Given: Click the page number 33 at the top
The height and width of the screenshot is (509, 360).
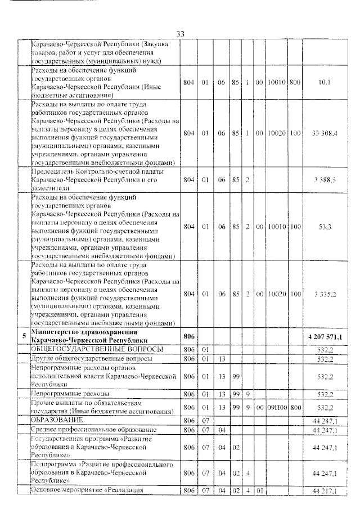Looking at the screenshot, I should tap(181, 34).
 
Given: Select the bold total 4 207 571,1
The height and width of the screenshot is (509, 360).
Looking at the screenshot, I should tap(326, 336).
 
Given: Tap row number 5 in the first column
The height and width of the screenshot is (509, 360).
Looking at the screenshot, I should tap(23, 336).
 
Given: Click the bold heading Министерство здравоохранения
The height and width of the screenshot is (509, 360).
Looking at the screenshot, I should tap(81, 332).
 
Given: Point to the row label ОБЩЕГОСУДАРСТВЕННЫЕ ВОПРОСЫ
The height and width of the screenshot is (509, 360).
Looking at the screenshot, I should tap(90, 349).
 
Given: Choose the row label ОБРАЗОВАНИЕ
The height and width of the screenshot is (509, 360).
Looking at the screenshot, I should tap(57, 420).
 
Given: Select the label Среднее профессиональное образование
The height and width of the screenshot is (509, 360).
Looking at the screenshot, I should tap(93, 430).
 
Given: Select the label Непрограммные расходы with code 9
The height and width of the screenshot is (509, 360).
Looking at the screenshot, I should tap(70, 394).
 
